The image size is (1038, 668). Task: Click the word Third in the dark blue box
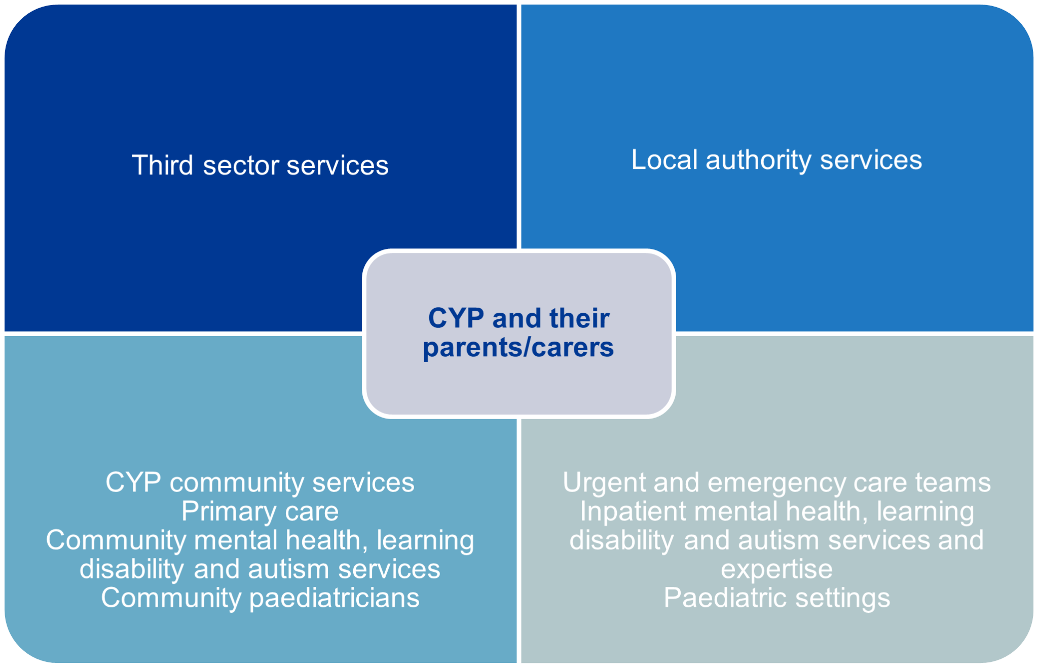[x=162, y=165]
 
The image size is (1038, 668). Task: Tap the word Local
[x=664, y=160]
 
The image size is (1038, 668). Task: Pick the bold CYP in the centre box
[x=456, y=318]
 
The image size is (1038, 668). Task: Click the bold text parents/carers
[x=518, y=348]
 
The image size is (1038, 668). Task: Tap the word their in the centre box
[x=579, y=318]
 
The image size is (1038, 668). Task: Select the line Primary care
[x=260, y=511]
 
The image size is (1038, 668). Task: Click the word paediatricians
[x=335, y=598]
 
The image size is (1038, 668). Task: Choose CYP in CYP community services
[x=133, y=482]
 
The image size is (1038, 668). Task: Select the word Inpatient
[x=634, y=511]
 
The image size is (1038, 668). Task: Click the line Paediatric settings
[x=776, y=598]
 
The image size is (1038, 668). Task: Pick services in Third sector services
[x=338, y=166]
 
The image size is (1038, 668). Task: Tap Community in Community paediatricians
[x=171, y=598]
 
